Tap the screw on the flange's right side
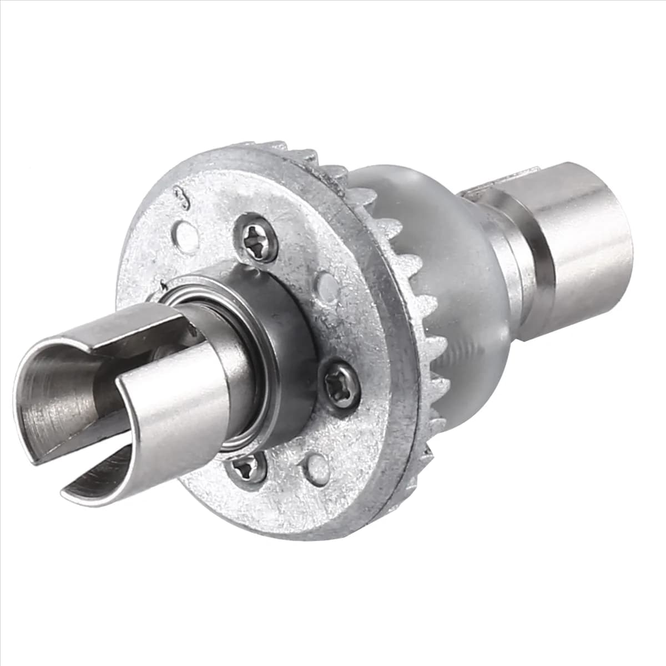pos(340,384)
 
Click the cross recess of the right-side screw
pos(340,384)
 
